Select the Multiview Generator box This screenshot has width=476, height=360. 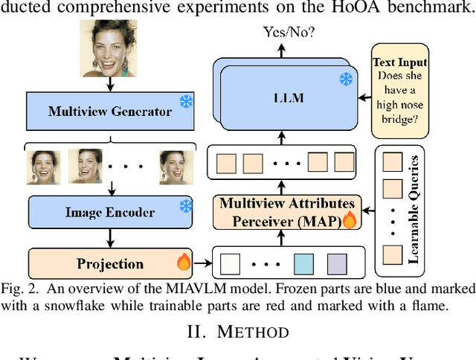pyautogui.click(x=110, y=112)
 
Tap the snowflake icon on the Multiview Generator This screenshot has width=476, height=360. pyautogui.click(x=185, y=100)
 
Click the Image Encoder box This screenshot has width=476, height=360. pyautogui.click(x=110, y=212)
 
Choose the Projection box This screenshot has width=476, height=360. pyautogui.click(x=110, y=263)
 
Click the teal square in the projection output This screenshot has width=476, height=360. pyautogui.click(x=304, y=263)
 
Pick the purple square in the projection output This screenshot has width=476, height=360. pyautogui.click(x=337, y=263)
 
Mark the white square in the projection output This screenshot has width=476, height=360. pyautogui.click(x=231, y=263)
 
